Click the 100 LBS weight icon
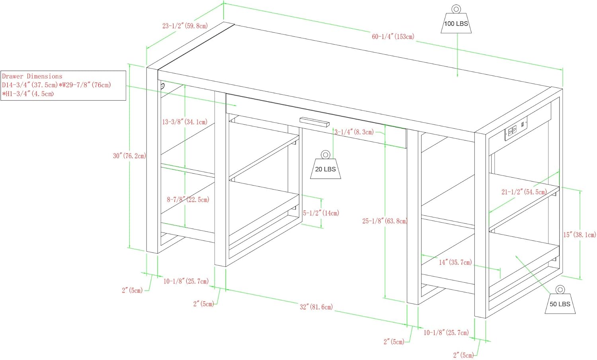click(x=456, y=21)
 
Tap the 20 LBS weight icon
click(x=326, y=166)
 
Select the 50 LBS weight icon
click(x=560, y=301)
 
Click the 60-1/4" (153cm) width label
click(x=393, y=37)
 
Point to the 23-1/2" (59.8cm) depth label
click(x=185, y=26)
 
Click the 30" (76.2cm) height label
click(x=129, y=156)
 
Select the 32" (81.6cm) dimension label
click(x=316, y=307)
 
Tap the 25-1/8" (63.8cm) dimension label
click(x=384, y=221)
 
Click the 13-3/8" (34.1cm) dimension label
click(x=184, y=122)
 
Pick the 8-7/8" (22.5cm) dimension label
click(x=187, y=200)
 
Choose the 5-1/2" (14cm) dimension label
click(x=321, y=213)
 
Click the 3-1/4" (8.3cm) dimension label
click(x=354, y=132)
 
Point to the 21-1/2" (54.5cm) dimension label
click(x=524, y=192)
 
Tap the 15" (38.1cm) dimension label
click(x=579, y=235)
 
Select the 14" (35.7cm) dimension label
click(x=455, y=262)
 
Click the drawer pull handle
click(x=314, y=122)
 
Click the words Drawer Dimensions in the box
click(x=32, y=76)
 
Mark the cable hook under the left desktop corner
click(x=162, y=86)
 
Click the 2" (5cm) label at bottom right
click(x=463, y=355)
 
